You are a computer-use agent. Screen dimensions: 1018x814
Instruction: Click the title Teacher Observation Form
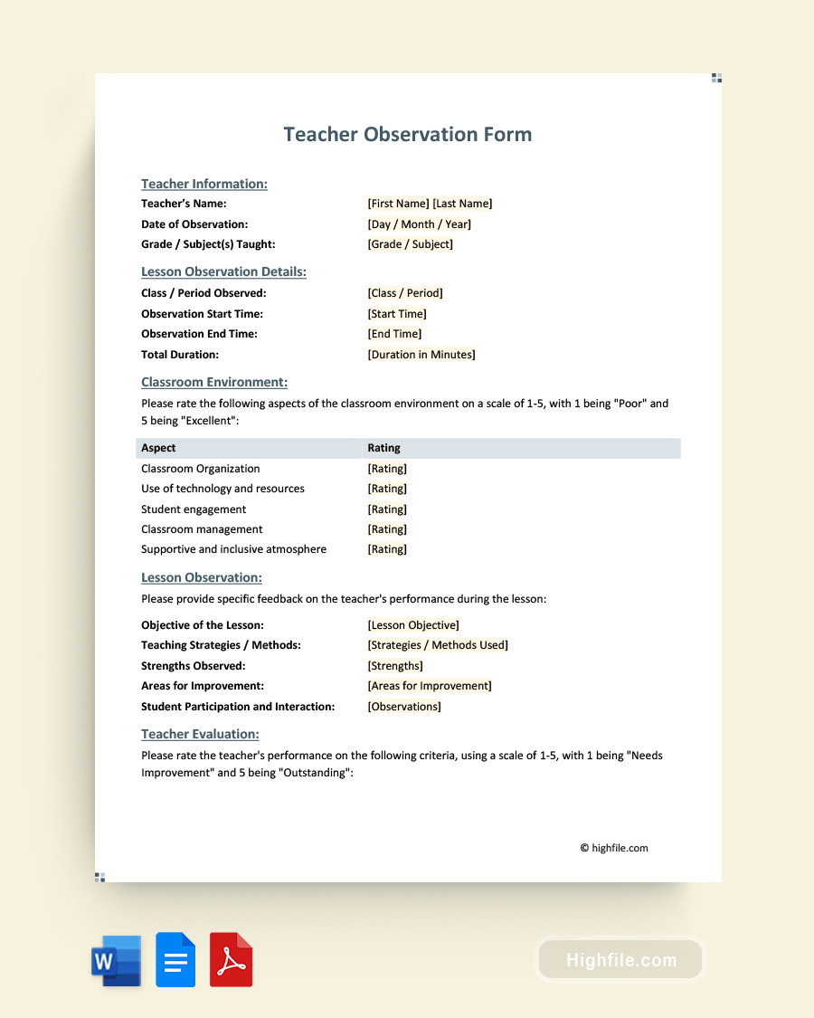coord(407,134)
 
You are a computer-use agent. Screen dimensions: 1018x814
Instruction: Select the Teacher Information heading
coord(204,184)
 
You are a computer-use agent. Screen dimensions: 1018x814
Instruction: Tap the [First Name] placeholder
coord(398,204)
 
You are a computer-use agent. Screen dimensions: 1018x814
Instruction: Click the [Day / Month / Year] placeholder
coord(419,224)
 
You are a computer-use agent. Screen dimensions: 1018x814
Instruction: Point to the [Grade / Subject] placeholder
coord(410,244)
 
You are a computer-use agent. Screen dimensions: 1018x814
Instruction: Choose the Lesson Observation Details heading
coord(223,271)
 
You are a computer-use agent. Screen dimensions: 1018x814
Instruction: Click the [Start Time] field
coord(397,314)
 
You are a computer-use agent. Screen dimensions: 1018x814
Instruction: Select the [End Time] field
coord(394,334)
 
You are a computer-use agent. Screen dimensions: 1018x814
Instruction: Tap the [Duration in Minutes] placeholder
coord(421,355)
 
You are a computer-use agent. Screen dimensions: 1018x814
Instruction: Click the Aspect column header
coord(158,448)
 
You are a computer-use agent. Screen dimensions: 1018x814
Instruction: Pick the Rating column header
coord(383,448)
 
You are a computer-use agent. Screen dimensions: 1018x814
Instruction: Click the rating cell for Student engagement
coord(387,509)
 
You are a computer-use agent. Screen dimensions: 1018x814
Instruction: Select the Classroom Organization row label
coord(200,469)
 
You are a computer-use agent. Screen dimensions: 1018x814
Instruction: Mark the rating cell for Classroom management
coord(387,529)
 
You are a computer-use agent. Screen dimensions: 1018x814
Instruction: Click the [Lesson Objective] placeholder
coord(413,625)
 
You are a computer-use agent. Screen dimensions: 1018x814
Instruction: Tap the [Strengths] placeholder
coord(395,666)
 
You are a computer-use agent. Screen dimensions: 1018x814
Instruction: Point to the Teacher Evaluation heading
coord(200,734)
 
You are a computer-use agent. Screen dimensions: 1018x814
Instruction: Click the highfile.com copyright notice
coord(614,848)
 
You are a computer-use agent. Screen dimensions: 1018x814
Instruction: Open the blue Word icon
coord(116,960)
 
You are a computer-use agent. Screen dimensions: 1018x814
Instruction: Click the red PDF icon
coord(231,959)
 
